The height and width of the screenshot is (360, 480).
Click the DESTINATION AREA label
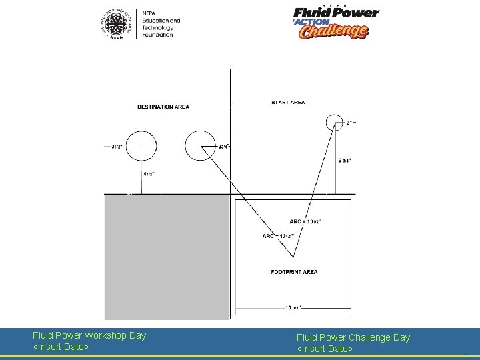coord(163,107)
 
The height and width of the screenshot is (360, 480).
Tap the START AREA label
coord(288,102)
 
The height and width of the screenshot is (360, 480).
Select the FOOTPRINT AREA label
coord(294,272)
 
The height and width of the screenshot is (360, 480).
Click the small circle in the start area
coord(335,123)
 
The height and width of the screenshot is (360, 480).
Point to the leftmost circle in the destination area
coord(140,146)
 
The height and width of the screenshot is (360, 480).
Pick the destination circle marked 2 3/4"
coord(199,146)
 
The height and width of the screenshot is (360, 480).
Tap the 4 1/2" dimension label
coord(150,174)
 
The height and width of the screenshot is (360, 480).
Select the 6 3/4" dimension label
coord(345,161)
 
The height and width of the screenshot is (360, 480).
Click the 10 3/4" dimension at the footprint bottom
coord(293,308)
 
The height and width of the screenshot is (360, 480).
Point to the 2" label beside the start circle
coord(351,123)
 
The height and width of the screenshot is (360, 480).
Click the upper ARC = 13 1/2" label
coord(305,221)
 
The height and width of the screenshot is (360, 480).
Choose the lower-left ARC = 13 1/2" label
coord(277,236)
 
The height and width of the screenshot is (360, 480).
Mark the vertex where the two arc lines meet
coord(293,257)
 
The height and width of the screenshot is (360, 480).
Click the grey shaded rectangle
coord(167,257)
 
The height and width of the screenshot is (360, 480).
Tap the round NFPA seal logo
coord(119,25)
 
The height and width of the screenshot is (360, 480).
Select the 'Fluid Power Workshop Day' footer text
coord(89,335)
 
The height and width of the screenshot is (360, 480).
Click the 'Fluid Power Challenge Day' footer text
coord(353,337)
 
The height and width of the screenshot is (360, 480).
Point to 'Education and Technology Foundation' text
coord(157,24)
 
